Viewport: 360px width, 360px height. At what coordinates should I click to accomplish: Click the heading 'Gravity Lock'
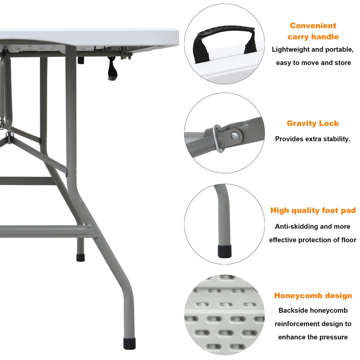click(313, 123)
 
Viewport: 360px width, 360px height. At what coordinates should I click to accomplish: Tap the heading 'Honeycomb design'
click(313, 296)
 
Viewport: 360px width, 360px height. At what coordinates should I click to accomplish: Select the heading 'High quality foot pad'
click(313, 211)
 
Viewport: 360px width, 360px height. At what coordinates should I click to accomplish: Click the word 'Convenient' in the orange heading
click(313, 26)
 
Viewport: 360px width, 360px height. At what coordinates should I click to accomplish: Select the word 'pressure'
click(334, 337)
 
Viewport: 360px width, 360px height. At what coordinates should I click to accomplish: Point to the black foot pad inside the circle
click(224, 251)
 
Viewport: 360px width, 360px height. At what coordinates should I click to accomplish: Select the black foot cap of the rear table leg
click(80, 257)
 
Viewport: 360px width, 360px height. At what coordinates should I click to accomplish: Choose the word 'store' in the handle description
click(343, 63)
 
